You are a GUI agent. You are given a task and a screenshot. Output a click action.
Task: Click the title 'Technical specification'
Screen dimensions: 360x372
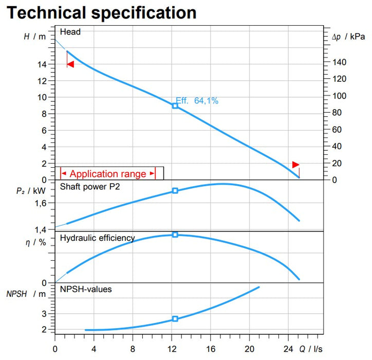pos(101,12)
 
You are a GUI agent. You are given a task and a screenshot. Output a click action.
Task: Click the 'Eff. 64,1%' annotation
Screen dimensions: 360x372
pos(197,101)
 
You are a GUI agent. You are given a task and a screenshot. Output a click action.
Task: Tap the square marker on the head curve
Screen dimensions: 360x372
pos(175,105)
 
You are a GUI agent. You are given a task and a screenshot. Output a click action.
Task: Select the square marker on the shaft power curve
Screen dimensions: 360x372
pos(175,191)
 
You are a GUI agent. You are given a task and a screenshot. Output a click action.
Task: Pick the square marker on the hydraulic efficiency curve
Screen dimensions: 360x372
pos(175,235)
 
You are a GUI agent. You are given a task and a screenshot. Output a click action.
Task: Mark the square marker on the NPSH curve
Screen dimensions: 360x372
pos(175,319)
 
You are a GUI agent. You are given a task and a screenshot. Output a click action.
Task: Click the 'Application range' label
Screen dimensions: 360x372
pos(108,174)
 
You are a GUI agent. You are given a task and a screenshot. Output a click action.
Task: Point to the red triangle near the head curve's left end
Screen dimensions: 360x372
pos(70,64)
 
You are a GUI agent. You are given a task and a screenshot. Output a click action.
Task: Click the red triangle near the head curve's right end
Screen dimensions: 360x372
pos(295,165)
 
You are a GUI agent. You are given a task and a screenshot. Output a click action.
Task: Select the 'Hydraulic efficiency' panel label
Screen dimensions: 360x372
pos(98,238)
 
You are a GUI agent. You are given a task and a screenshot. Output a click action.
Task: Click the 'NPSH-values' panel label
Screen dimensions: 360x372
pos(86,290)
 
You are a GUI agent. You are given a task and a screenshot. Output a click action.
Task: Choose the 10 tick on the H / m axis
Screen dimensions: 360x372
pos(43,98)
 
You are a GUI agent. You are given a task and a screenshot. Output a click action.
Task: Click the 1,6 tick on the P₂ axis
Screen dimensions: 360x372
pos(41,203)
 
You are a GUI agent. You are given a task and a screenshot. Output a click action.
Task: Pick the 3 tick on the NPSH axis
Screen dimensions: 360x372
pos(44,314)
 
